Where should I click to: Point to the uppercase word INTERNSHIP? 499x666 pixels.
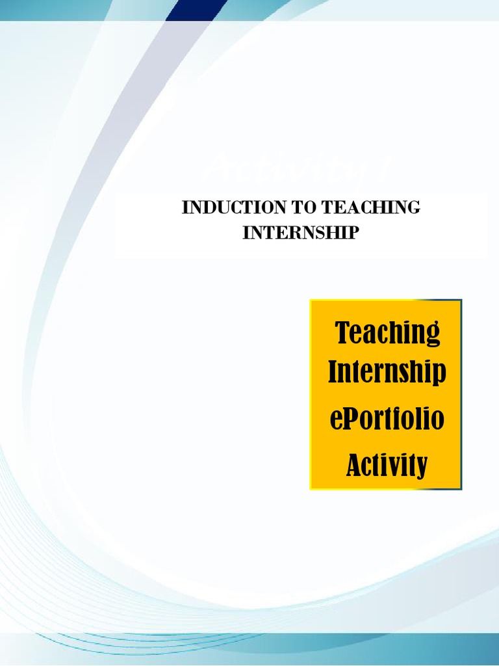pos(300,233)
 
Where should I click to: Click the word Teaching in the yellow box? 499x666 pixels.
pos(387,334)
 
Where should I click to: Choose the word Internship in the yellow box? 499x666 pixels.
pos(387,373)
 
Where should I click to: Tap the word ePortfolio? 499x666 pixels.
pos(387,418)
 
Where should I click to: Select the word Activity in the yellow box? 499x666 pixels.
pos(387,464)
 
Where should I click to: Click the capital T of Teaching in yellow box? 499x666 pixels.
pos(342,332)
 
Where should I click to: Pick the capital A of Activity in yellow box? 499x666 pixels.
pos(353,464)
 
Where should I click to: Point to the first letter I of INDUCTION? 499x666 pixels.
pos(185,208)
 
